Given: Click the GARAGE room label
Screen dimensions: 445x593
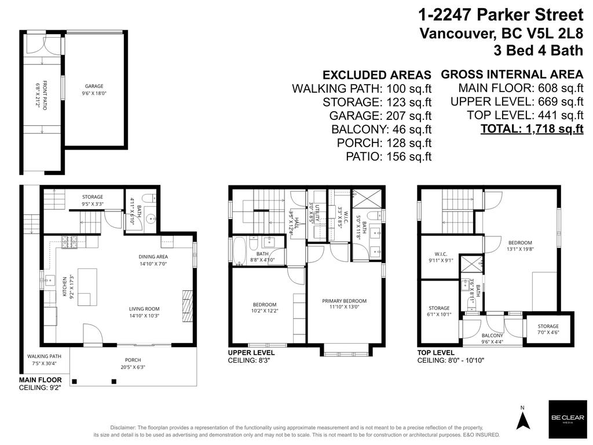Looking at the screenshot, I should click(94, 86).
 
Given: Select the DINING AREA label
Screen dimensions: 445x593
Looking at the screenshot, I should click(153, 257).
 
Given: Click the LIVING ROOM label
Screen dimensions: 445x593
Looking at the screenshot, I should click(144, 309).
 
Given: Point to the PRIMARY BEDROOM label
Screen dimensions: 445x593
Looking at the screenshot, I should click(345, 301).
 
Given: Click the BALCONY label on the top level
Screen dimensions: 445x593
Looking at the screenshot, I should click(492, 335).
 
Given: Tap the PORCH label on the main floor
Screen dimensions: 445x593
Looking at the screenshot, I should click(133, 360).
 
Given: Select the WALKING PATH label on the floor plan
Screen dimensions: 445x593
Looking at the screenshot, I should click(44, 356).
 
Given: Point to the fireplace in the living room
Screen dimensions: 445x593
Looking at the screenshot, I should click(186, 302).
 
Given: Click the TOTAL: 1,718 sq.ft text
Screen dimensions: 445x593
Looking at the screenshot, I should click(532, 129).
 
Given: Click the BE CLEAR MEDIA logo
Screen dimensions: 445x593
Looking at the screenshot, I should click(567, 419).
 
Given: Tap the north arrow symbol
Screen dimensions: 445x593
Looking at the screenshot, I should click(523, 418).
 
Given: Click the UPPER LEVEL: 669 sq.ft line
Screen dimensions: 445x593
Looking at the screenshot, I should click(517, 101).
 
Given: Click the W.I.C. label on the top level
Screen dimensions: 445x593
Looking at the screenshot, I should click(442, 253).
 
